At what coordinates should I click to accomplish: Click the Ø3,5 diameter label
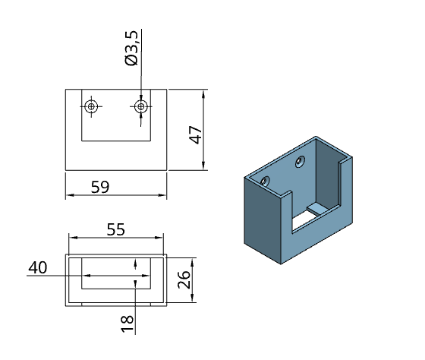click(x=131, y=49)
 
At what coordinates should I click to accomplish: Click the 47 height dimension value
click(x=196, y=135)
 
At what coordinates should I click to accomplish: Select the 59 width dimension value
click(x=100, y=187)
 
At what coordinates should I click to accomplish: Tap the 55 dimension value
click(x=115, y=229)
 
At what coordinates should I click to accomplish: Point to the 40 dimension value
click(x=38, y=267)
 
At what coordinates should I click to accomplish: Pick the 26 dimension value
click(x=184, y=279)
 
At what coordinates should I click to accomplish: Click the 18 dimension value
click(x=127, y=324)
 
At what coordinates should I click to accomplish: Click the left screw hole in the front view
click(x=91, y=106)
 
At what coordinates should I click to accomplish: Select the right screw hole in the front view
click(x=141, y=106)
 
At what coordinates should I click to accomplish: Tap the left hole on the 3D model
click(x=265, y=181)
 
